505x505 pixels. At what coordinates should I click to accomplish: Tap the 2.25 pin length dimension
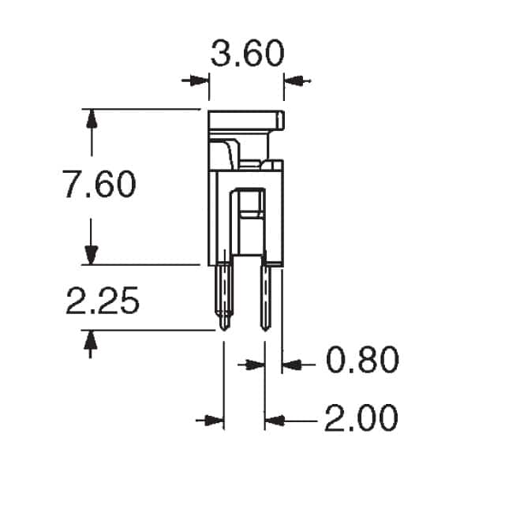(x=102, y=302)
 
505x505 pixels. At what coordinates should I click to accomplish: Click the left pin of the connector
(x=224, y=296)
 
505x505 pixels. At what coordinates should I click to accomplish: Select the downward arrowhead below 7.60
(x=92, y=254)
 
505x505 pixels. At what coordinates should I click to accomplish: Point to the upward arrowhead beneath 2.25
(x=92, y=341)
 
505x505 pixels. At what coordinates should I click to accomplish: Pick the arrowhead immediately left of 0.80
(x=291, y=365)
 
